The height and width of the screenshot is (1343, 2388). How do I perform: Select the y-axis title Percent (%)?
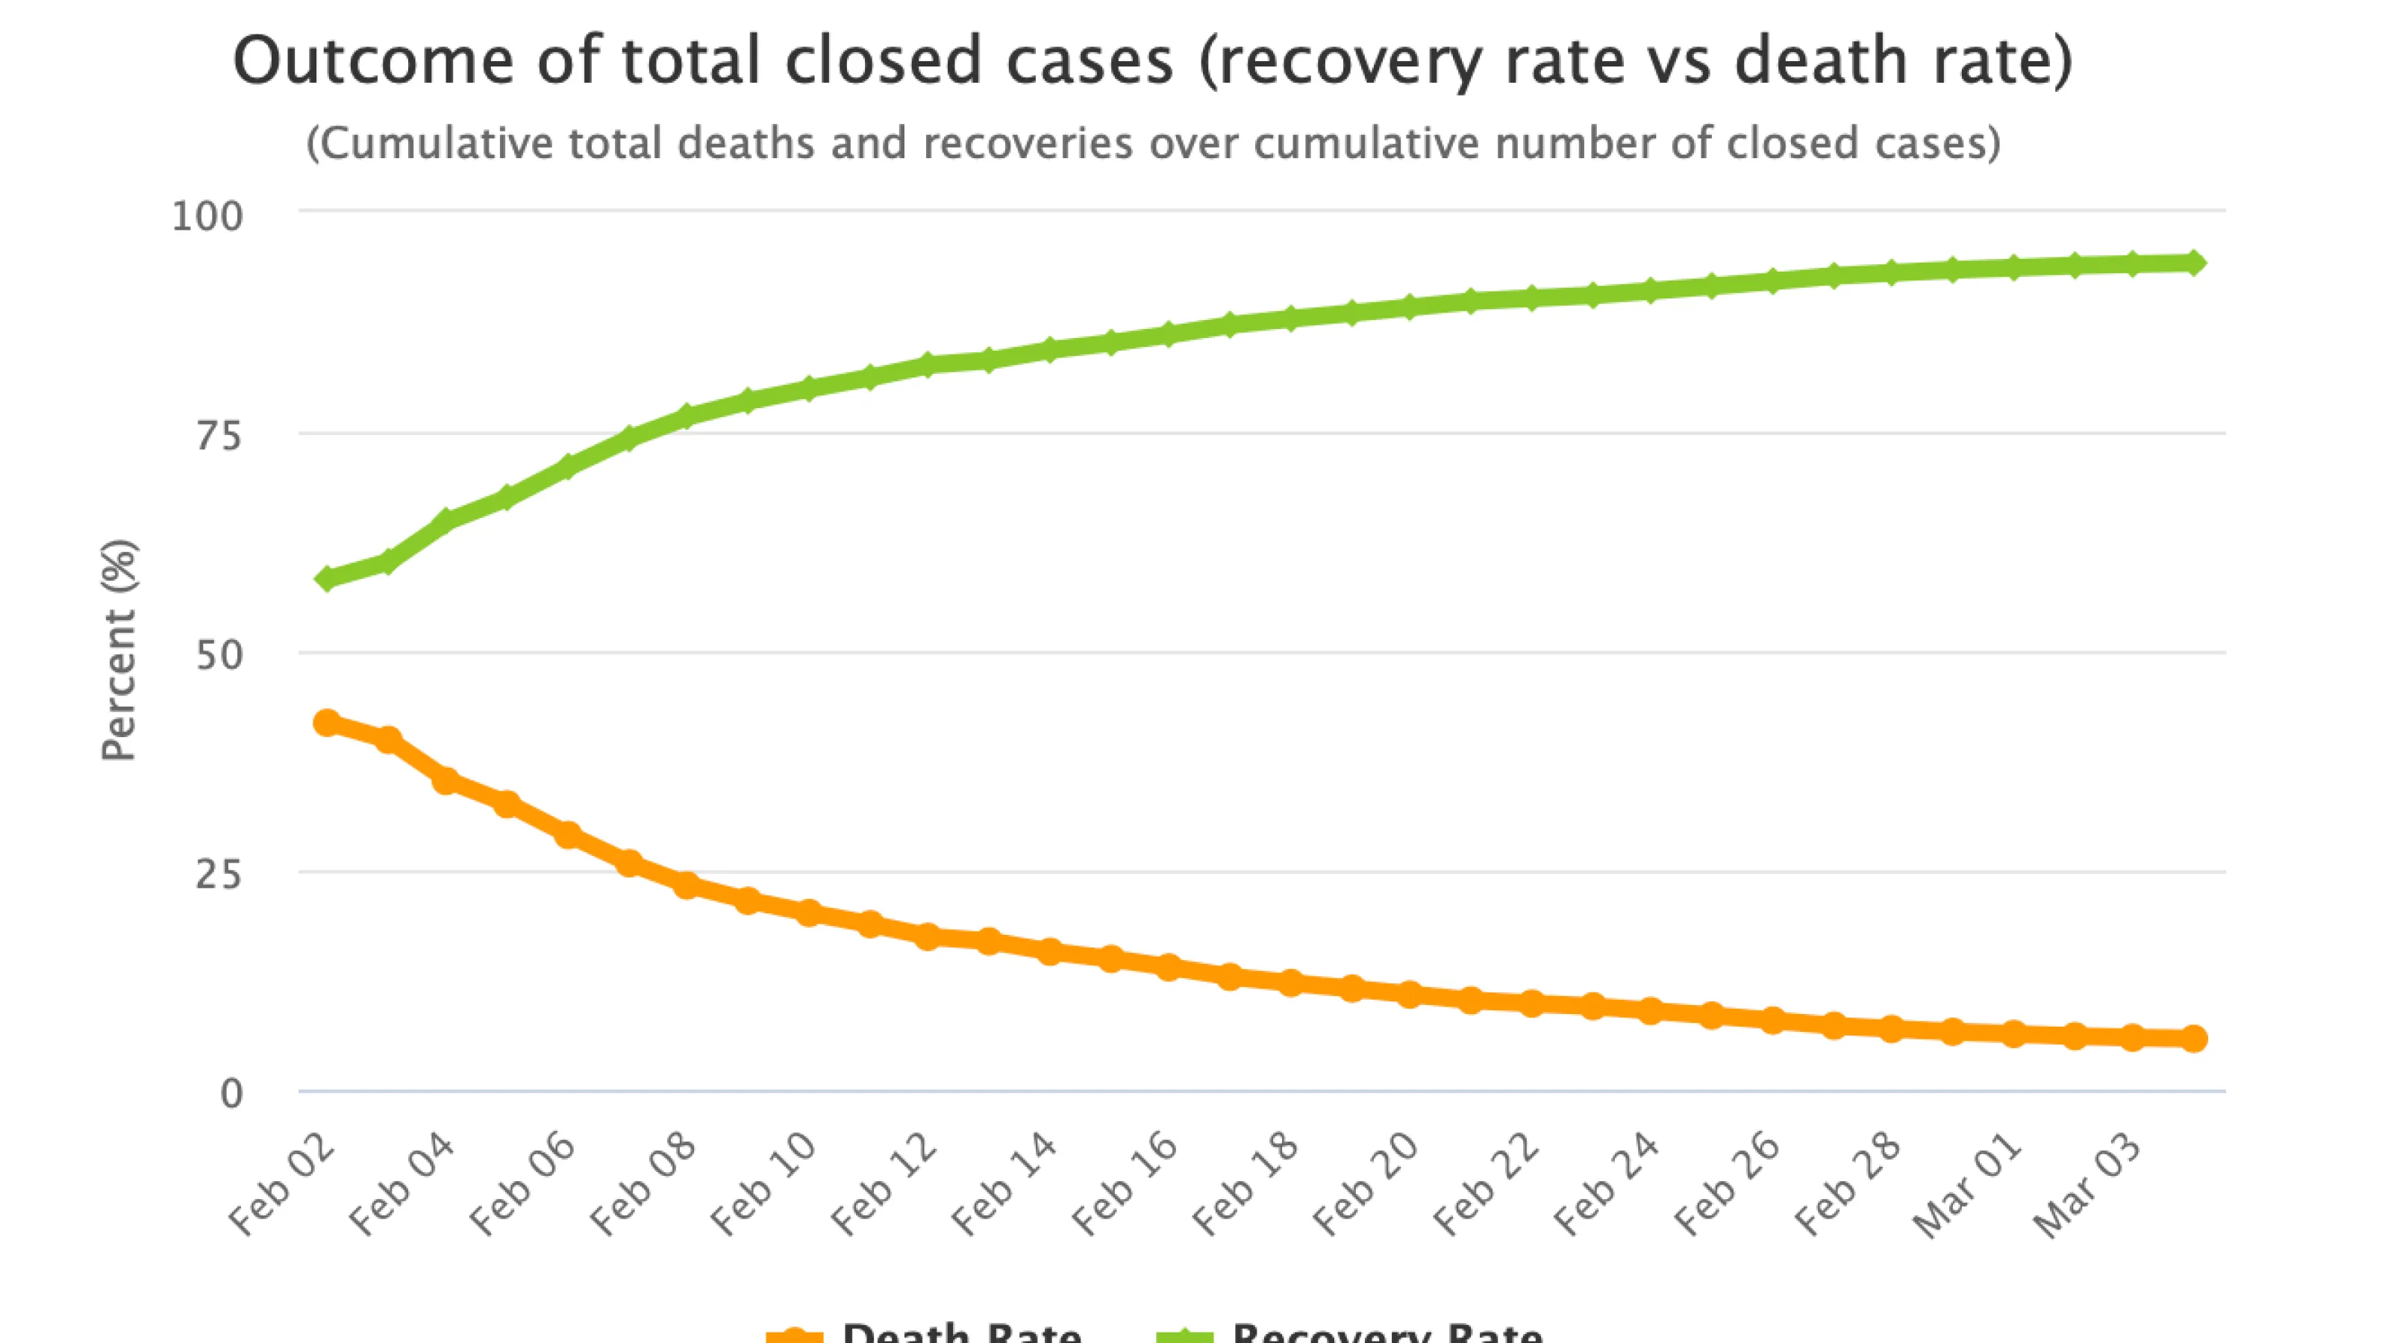119,651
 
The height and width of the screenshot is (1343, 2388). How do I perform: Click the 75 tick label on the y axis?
218,436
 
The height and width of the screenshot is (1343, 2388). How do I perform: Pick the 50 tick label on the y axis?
218,655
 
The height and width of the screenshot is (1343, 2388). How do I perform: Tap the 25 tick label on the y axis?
218,874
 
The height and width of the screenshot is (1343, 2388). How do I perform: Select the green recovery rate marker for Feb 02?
326,579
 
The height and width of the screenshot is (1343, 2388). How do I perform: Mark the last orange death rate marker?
2193,1038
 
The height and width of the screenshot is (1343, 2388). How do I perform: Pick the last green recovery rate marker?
2193,263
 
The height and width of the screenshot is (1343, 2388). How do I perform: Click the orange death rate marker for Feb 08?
687,885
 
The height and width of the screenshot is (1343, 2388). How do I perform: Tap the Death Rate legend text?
961,1333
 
